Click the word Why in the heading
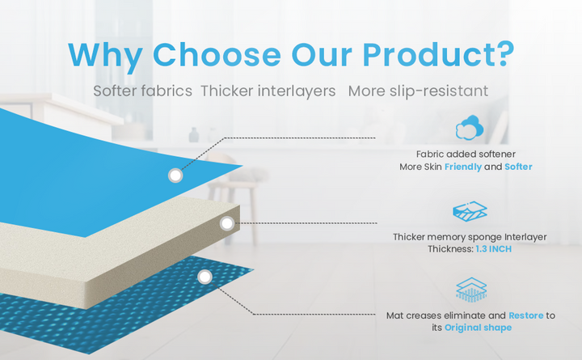pyautogui.click(x=105, y=56)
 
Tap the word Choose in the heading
pyautogui.click(x=217, y=55)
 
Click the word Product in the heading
pyautogui.click(x=428, y=55)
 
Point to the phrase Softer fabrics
pyautogui.click(x=142, y=91)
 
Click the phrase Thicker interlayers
pyautogui.click(x=268, y=91)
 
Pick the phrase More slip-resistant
pyautogui.click(x=419, y=91)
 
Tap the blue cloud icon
pyautogui.click(x=470, y=128)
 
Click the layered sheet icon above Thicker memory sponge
pyautogui.click(x=470, y=211)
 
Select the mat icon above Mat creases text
pyautogui.click(x=471, y=290)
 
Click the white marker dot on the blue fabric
pyautogui.click(x=175, y=175)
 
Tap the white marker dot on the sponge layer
pyautogui.click(x=227, y=223)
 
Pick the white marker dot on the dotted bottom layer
pyautogui.click(x=205, y=277)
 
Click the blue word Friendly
pyautogui.click(x=463, y=167)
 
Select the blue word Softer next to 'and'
pyautogui.click(x=518, y=167)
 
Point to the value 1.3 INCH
pyautogui.click(x=494, y=249)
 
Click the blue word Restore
pyautogui.click(x=526, y=316)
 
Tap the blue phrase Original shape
pyautogui.click(x=478, y=328)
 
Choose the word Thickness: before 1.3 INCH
pyautogui.click(x=450, y=249)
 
